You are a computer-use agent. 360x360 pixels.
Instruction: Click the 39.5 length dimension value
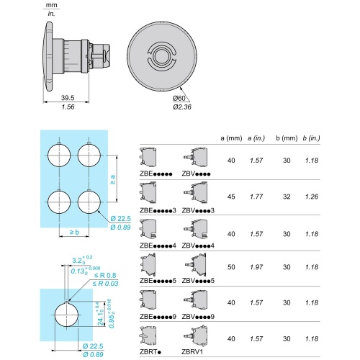68,98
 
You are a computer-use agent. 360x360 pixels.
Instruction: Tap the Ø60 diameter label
179,98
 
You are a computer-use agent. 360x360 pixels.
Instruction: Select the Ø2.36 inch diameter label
182,107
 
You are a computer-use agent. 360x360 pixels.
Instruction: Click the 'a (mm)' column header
231,138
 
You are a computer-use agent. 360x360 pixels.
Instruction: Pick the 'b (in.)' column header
311,138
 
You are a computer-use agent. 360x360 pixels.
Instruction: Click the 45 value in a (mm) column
231,197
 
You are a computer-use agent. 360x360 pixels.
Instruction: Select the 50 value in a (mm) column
231,267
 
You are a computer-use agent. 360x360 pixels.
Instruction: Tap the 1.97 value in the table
256,267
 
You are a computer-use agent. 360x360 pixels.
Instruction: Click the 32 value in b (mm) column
287,197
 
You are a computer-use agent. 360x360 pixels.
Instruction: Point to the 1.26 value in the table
312,197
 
